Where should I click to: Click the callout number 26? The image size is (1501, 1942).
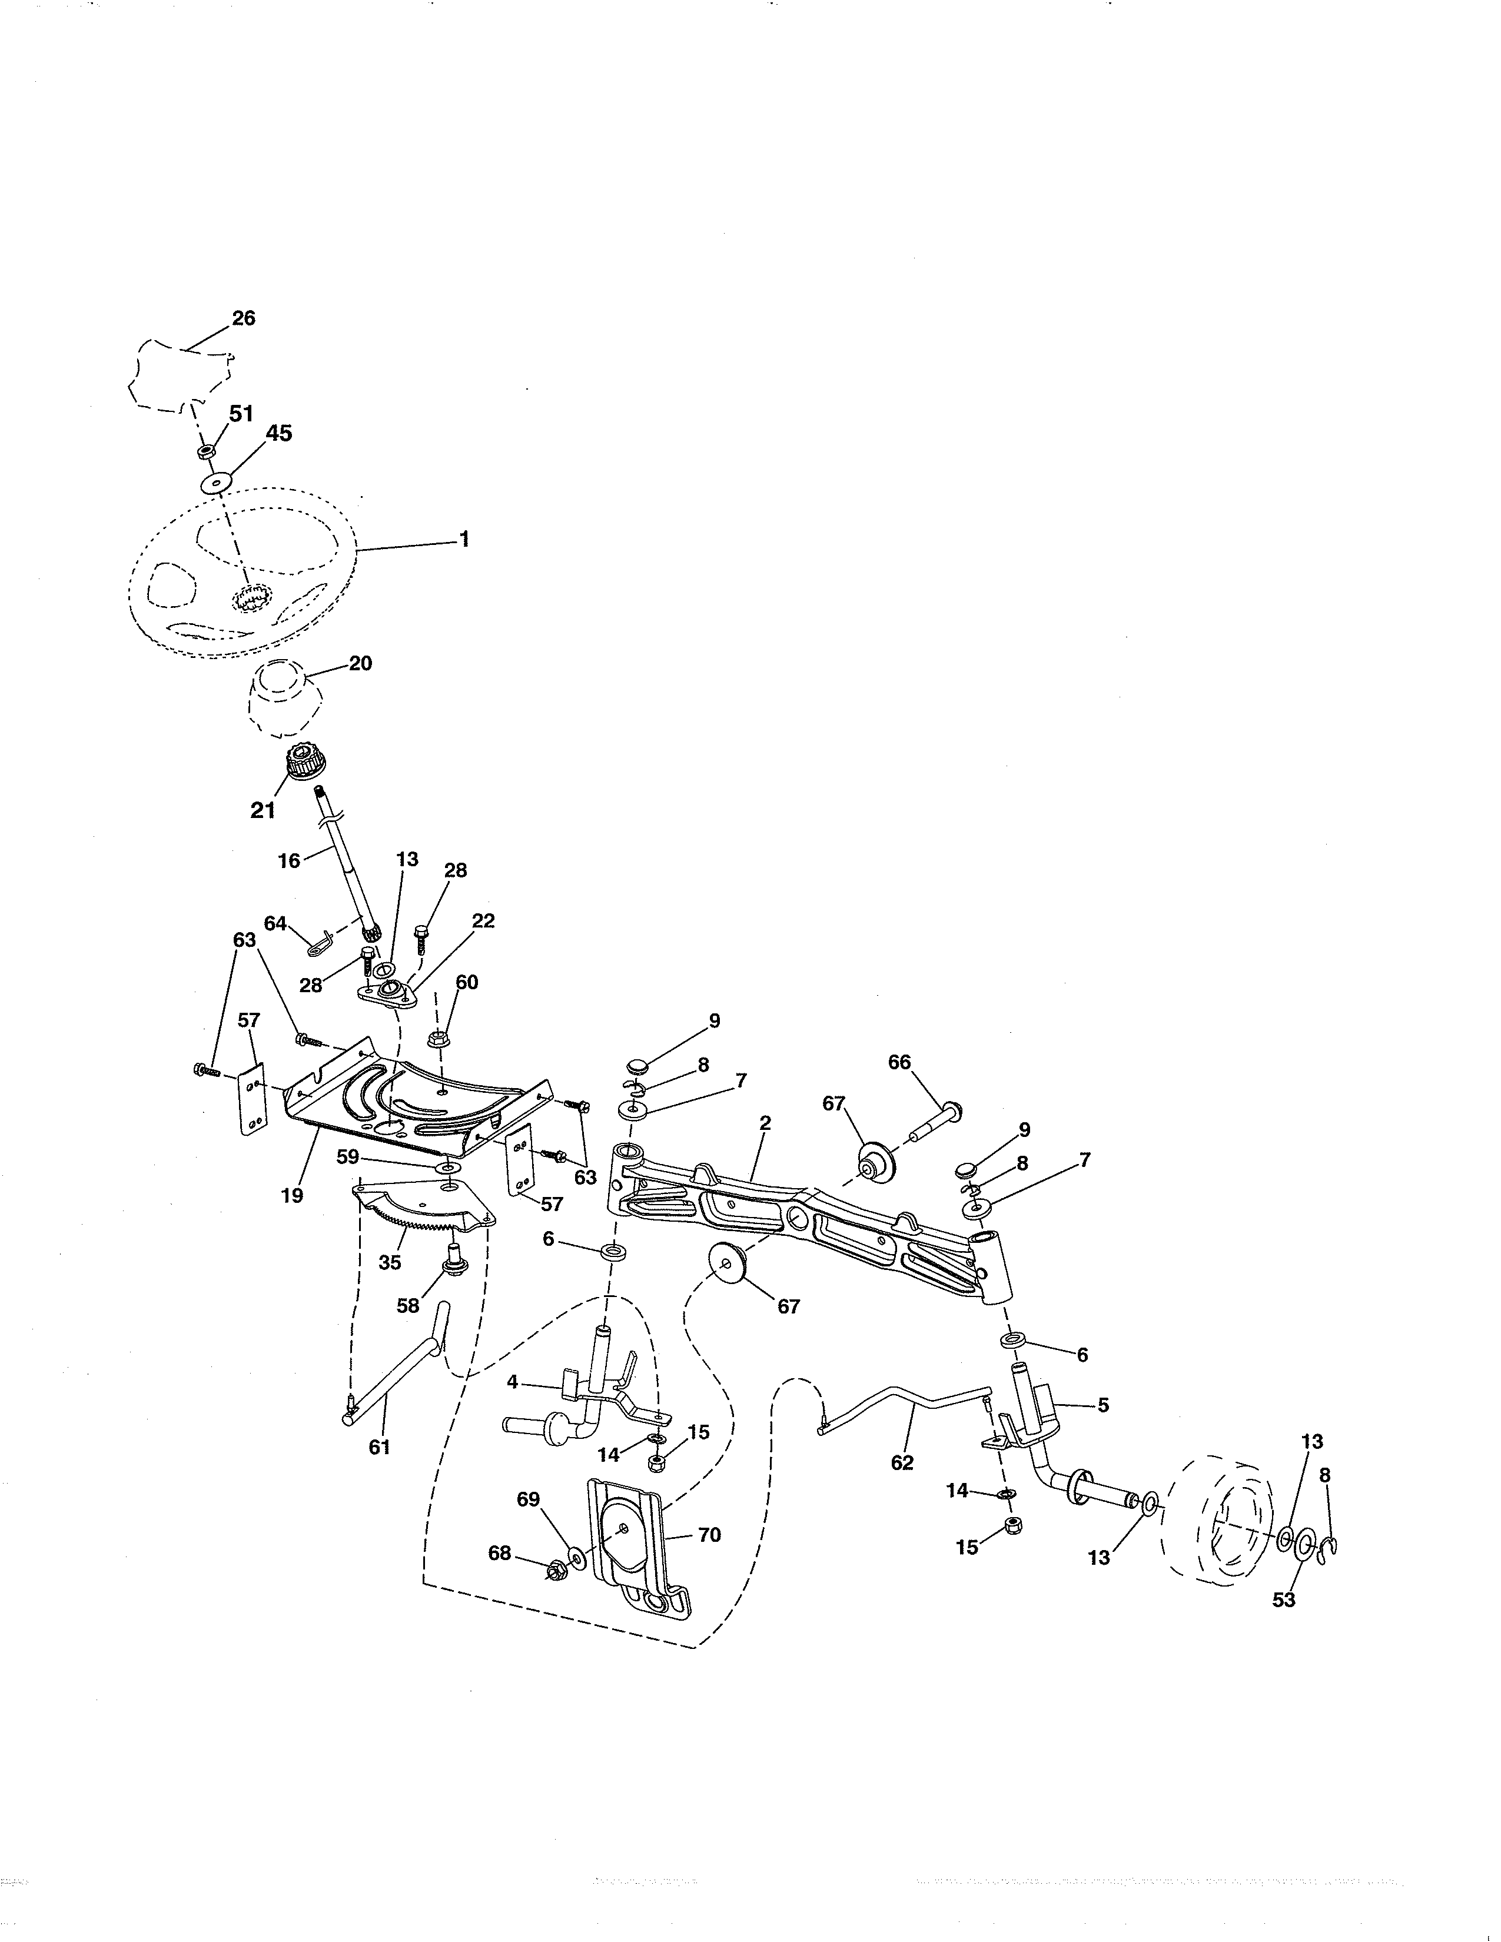click(x=244, y=318)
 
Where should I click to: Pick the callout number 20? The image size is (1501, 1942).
click(x=360, y=663)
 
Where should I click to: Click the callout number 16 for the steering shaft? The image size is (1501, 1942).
click(x=289, y=861)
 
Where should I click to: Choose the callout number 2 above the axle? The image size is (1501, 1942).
click(x=765, y=1123)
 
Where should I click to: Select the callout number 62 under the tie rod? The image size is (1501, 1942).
click(x=902, y=1463)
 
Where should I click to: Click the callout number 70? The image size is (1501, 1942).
click(x=710, y=1535)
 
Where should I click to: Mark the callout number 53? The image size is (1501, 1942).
click(x=1284, y=1600)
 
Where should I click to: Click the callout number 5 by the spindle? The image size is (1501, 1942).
click(x=1104, y=1406)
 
